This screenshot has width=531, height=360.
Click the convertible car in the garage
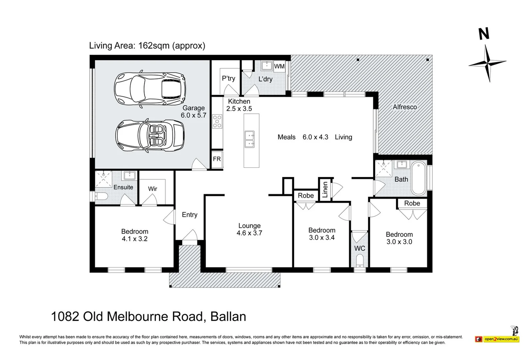(x=150, y=136)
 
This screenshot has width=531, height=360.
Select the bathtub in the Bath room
(x=419, y=179)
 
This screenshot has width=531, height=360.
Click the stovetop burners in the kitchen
(x=217, y=121)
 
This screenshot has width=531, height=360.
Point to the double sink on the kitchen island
(x=250, y=139)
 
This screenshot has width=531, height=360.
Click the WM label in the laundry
(x=279, y=66)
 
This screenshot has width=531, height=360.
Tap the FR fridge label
(x=217, y=159)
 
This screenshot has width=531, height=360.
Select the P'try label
(x=228, y=78)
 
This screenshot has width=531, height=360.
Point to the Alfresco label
(x=405, y=107)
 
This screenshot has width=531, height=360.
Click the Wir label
(x=152, y=189)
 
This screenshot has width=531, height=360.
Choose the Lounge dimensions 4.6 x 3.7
(x=249, y=233)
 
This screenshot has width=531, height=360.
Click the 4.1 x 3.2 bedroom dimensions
(x=134, y=239)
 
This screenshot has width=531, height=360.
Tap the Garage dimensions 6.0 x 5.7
(x=193, y=115)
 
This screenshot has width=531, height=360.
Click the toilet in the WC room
(x=359, y=261)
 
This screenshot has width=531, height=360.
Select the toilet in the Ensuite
(x=100, y=196)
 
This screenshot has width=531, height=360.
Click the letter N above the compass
(x=484, y=34)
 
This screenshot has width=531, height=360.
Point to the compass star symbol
(x=487, y=63)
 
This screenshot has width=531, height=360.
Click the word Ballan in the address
(x=228, y=316)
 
